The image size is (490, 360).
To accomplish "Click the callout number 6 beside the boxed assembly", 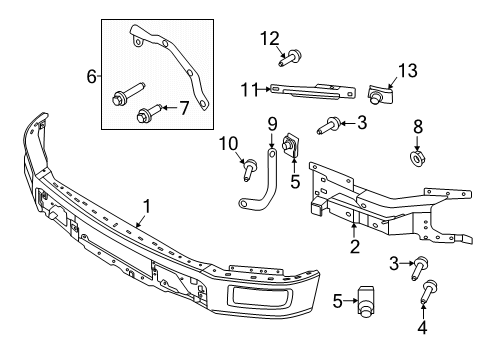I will [x=92, y=76].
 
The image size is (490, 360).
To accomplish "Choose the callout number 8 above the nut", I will [x=417, y=127].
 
